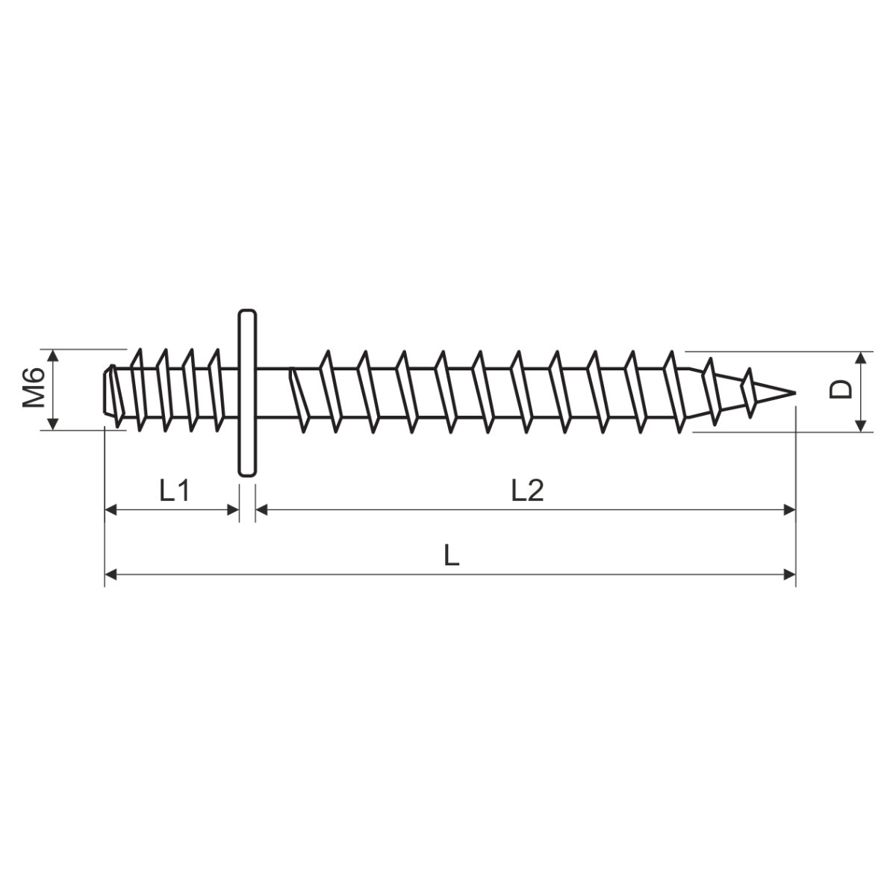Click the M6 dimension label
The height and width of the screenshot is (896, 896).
click(34, 388)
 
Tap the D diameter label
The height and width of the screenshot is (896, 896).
click(841, 390)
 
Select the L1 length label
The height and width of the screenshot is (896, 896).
click(175, 491)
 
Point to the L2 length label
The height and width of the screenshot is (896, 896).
click(527, 491)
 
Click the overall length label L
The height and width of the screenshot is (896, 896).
click(452, 556)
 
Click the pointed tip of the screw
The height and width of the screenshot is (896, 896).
click(795, 393)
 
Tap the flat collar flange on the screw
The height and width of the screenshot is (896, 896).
click(247, 393)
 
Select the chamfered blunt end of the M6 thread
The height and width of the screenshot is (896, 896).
click(108, 391)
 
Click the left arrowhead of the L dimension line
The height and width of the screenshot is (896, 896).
click(111, 575)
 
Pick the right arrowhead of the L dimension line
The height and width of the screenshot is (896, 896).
click(789, 575)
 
